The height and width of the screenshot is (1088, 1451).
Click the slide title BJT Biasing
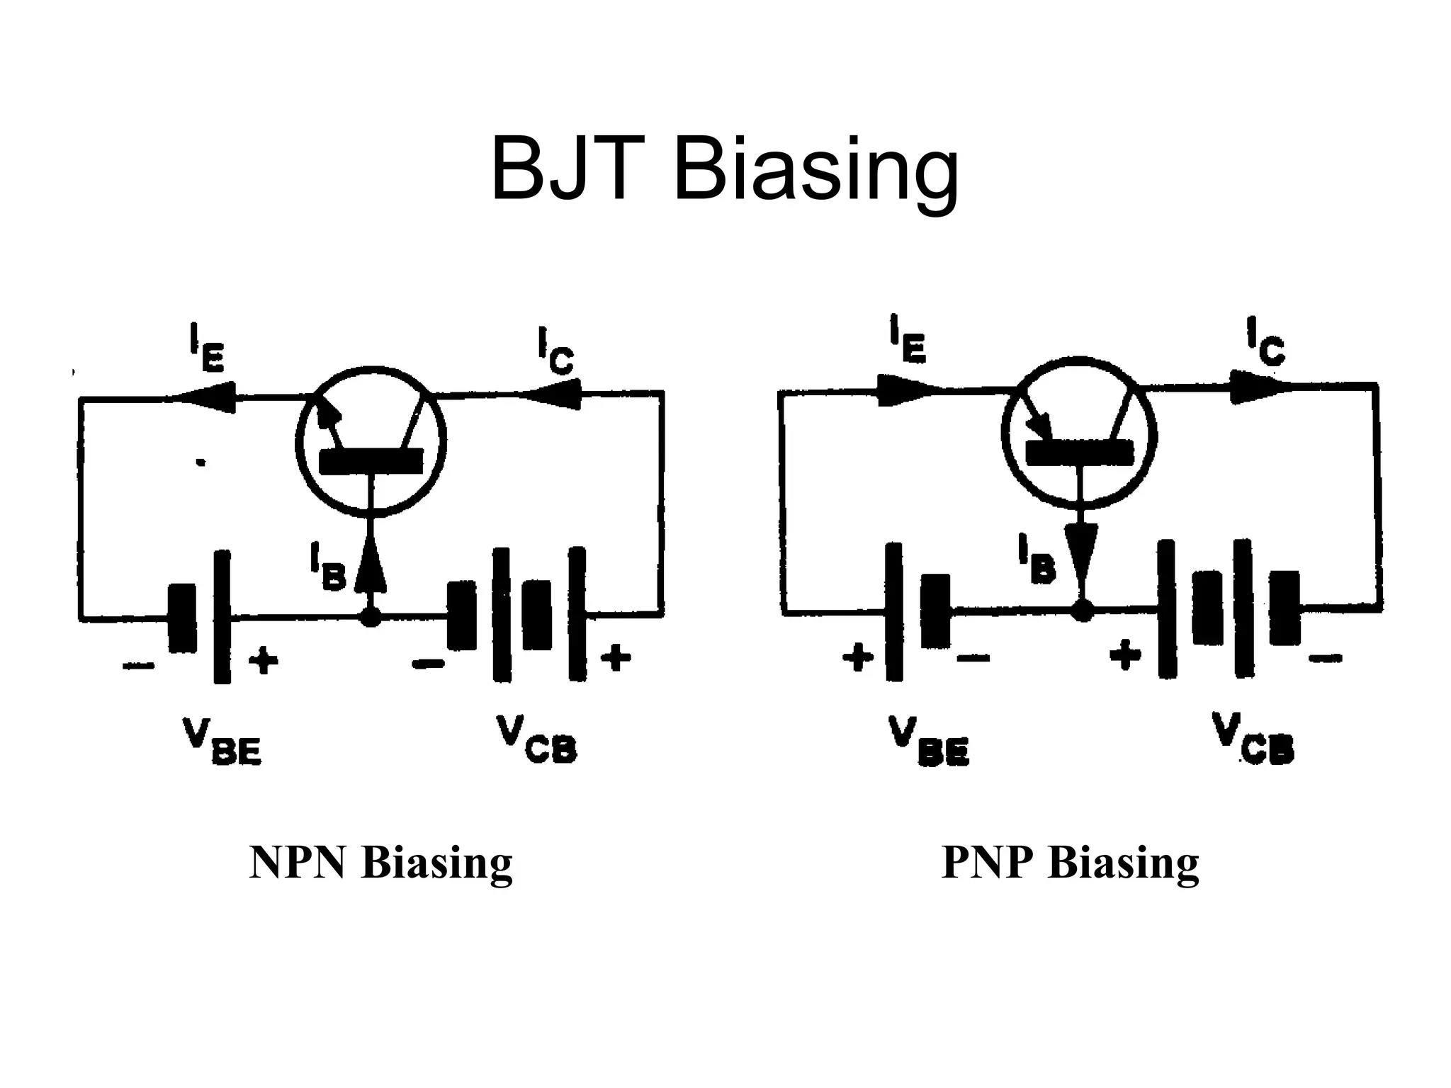click(x=724, y=171)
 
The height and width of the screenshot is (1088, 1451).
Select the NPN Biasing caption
click(x=380, y=863)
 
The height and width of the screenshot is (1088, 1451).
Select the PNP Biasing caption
click(x=1070, y=863)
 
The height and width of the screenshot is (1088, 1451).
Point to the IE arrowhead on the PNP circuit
click(x=898, y=390)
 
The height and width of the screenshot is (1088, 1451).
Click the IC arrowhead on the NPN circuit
click(x=560, y=394)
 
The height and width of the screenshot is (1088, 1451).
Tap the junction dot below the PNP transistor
click(x=1081, y=611)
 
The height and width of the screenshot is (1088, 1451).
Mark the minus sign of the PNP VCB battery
click(x=1324, y=658)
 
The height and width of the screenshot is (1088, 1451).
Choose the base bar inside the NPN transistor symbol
click(x=371, y=461)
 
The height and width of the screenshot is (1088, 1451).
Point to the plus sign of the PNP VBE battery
click(x=857, y=658)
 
